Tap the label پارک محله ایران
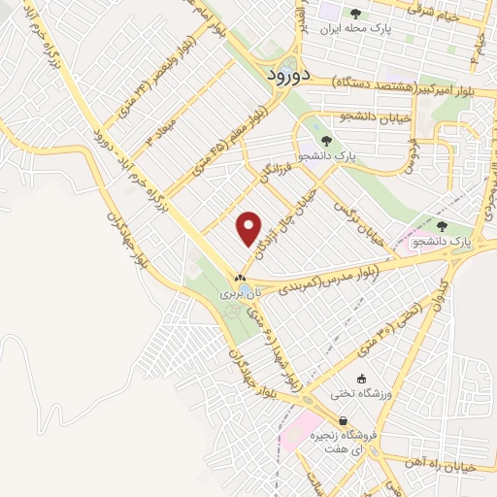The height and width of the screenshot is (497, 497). coord(357,30)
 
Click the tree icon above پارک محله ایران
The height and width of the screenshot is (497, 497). coord(356,14)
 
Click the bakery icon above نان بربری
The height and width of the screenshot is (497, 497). coord(233,278)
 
